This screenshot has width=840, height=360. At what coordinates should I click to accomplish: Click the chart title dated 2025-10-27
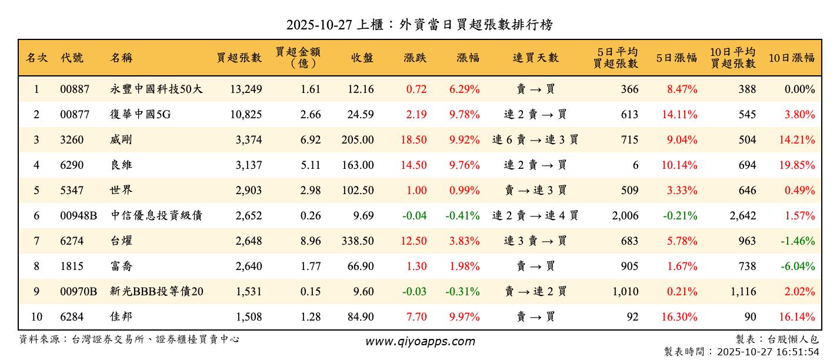point(419,24)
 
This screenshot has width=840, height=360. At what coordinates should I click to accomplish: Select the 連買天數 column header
point(535,58)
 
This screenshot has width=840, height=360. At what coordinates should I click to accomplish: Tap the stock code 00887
point(75,89)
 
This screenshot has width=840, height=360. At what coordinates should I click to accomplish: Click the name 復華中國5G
point(140,115)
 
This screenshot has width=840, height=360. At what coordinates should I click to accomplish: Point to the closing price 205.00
point(357,140)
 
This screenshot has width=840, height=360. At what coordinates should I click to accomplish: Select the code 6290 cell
point(72,165)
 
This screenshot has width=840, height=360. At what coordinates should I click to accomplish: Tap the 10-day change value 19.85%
point(797,165)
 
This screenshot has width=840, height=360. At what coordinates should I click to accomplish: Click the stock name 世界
point(121,191)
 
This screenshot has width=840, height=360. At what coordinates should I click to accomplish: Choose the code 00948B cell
point(78,216)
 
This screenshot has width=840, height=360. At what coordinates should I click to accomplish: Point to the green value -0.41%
point(462,216)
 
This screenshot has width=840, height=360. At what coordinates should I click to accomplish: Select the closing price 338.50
point(357,241)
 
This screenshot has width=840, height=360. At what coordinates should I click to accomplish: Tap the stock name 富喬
point(121,266)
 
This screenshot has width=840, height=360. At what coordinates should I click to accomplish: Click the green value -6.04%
point(798,266)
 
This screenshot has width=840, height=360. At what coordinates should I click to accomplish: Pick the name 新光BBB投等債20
point(156,292)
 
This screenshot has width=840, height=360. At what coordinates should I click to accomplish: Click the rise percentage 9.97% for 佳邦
point(464,317)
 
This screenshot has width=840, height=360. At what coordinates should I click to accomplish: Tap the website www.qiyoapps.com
point(419,341)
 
